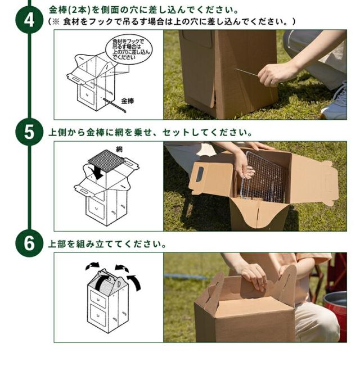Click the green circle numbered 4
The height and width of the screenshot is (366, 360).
click(x=29, y=20)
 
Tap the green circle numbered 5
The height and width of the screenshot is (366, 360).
click(x=29, y=132)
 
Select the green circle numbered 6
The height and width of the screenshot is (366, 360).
click(x=29, y=243)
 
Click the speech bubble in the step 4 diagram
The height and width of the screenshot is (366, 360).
click(x=129, y=49)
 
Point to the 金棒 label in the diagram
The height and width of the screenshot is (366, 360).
click(x=127, y=101)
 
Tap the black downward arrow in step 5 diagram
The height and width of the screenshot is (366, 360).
click(x=97, y=173)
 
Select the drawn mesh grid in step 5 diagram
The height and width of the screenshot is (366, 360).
click(x=106, y=161)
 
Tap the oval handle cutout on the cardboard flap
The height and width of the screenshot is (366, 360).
click(x=200, y=174)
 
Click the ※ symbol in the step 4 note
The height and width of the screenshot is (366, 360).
click(x=56, y=22)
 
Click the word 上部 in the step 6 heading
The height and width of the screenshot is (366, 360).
click(x=57, y=244)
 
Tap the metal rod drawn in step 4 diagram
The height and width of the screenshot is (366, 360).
click(x=115, y=106)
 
